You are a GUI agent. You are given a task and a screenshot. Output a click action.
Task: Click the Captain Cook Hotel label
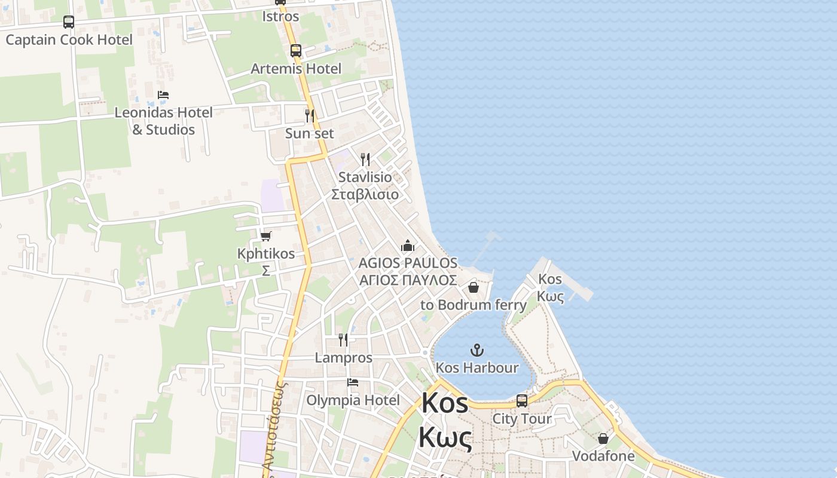(x=69, y=40)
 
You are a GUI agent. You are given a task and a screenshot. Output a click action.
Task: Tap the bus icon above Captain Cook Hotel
(x=69, y=22)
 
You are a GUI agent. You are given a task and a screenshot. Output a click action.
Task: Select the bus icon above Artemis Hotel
(x=296, y=51)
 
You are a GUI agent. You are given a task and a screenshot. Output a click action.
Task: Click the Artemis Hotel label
(x=296, y=69)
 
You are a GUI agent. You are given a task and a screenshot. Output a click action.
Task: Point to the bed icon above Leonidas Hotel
(x=163, y=94)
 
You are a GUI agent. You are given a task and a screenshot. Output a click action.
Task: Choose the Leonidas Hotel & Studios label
(x=163, y=121)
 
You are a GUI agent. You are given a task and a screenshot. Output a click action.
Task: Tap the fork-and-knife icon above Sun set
(x=310, y=115)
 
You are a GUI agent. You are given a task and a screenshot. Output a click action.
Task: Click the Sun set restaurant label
(x=310, y=133)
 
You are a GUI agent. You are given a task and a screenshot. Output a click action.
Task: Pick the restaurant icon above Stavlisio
(x=365, y=159)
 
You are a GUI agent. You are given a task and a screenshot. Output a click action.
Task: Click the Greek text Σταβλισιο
(x=365, y=194)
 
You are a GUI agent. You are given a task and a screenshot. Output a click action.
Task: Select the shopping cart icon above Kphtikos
(x=266, y=236)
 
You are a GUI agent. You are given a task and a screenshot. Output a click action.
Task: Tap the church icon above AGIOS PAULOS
(x=408, y=246)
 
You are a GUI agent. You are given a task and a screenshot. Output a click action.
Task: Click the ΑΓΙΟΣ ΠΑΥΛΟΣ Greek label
(x=408, y=280)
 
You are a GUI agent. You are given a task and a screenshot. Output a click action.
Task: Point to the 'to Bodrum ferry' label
(x=474, y=305)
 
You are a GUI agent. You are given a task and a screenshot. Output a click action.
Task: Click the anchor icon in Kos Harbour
(x=477, y=350)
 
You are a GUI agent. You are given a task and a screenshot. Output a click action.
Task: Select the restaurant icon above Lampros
(x=343, y=340)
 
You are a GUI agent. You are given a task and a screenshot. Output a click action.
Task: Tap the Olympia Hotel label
(x=353, y=400)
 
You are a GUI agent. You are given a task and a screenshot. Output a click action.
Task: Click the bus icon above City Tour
(x=522, y=401)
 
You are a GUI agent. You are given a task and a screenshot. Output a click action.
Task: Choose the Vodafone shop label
(x=603, y=456)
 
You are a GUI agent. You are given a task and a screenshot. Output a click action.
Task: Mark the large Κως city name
(x=445, y=438)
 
